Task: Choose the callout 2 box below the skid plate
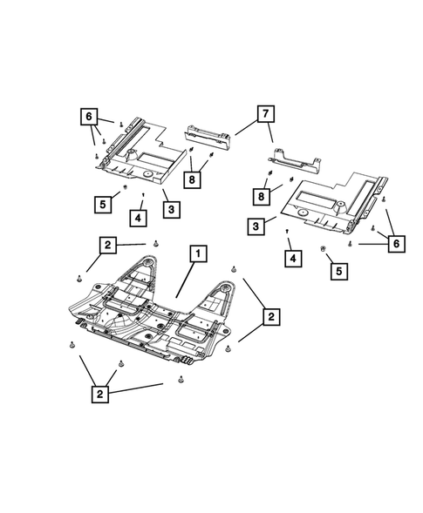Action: [104, 394]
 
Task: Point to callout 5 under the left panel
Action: [104, 204]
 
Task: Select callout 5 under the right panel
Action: [336, 272]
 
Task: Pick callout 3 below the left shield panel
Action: [171, 209]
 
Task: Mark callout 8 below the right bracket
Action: [261, 194]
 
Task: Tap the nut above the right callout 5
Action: [324, 249]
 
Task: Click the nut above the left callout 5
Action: [126, 186]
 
